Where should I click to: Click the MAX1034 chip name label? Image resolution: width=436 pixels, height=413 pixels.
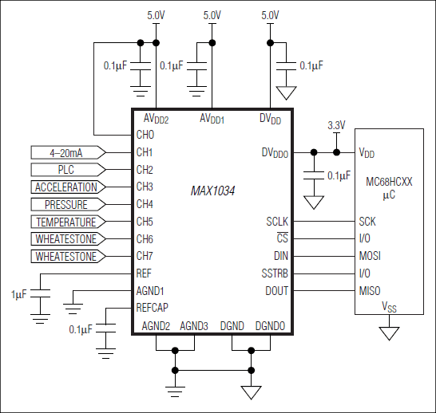click(x=212, y=191)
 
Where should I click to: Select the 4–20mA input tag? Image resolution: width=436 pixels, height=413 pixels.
click(x=66, y=152)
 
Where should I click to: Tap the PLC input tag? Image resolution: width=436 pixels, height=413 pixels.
click(x=66, y=170)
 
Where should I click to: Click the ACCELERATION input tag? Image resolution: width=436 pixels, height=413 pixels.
click(x=66, y=187)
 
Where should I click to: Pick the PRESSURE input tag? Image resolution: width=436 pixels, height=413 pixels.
click(x=66, y=205)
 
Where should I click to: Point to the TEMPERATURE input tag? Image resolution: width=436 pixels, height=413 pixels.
click(x=66, y=222)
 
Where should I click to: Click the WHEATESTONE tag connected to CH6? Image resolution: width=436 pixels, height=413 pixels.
click(x=66, y=239)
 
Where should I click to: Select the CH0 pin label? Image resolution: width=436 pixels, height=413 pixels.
click(x=145, y=135)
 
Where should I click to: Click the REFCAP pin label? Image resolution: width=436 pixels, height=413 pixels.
click(x=153, y=308)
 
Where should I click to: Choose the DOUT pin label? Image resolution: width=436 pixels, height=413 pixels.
click(x=276, y=291)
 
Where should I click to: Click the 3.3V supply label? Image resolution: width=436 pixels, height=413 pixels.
click(x=337, y=125)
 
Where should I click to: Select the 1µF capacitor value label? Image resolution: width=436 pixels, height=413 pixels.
click(x=18, y=294)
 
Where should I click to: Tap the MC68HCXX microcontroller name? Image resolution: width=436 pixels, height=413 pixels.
click(x=388, y=182)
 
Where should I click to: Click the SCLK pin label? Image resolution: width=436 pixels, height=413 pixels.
click(x=276, y=222)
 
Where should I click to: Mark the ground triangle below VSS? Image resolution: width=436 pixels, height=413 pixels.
click(x=389, y=332)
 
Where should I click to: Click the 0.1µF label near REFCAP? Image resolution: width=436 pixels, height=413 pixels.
click(x=81, y=329)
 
